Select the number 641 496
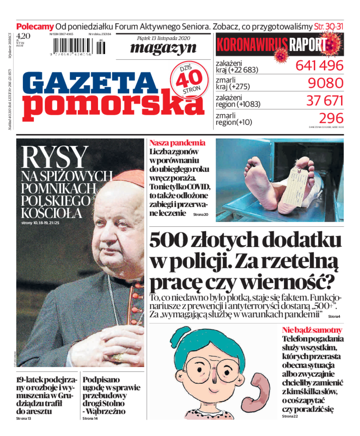coord(319,65)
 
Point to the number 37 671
coord(324,100)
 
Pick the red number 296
coord(331,118)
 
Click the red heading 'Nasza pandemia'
coord(177,143)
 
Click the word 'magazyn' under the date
coord(163,47)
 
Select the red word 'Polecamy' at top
coord(35,26)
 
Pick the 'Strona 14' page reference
coord(89,418)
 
